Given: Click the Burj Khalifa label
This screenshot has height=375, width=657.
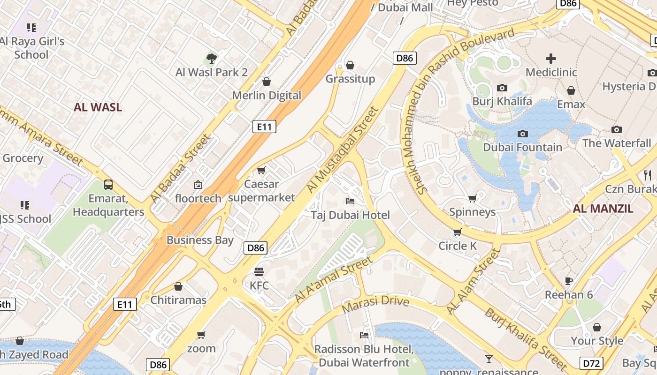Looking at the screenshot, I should coord(502,101).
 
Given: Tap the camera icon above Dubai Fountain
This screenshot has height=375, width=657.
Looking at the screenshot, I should coord(522,134).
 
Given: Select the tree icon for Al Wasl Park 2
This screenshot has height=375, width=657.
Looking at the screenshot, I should coord(211,59).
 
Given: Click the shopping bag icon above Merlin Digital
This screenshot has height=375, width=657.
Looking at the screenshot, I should coord(267,82).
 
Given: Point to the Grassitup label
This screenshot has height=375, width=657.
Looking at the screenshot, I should coord(350,79).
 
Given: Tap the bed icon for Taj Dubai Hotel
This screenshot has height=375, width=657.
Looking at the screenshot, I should coord(350,201).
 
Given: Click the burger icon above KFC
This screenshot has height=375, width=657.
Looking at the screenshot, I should coord(259,272).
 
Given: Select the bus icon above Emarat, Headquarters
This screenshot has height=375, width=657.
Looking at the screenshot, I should coord(108,185).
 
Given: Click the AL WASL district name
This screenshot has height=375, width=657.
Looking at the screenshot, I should coord(98,107).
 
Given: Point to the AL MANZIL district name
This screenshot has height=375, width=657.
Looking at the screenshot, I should coord(603,209).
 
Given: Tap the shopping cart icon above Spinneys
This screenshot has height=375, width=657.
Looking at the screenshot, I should coord(472,199).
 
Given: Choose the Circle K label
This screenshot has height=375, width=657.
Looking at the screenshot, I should coord(457,246).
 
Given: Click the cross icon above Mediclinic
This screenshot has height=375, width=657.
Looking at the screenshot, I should coord(551,59).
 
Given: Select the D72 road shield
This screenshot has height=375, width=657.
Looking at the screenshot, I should coord(592,363).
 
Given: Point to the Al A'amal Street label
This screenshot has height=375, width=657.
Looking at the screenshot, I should coord(332,279).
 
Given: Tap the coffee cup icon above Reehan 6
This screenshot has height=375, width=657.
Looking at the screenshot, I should coord(569,281).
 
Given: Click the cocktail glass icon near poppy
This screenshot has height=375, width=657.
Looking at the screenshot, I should coord(489,359).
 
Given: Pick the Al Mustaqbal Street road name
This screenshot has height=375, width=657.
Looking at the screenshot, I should coord(342,150).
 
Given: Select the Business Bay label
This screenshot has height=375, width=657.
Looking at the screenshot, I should coord(200,240).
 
